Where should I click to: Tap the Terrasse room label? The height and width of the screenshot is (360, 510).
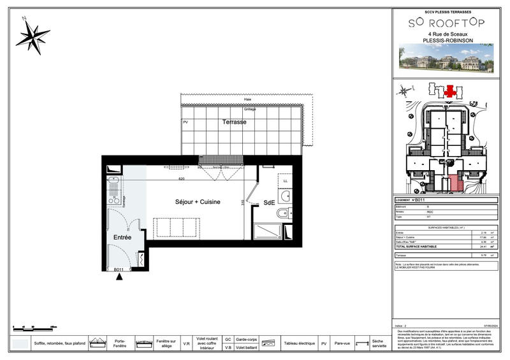(234, 122)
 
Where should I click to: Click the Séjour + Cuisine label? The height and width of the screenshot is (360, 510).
(198, 202)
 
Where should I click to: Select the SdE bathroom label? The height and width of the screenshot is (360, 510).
(269, 204)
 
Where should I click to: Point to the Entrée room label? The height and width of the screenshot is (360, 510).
(122, 237)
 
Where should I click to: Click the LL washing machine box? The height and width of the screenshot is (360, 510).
(284, 181)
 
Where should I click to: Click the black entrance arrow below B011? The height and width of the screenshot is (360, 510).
(119, 275)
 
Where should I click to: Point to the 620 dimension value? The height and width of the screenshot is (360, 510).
(181, 179)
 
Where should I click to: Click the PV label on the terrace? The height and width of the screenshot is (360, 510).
(186, 122)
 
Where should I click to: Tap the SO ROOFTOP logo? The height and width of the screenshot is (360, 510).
(446, 22)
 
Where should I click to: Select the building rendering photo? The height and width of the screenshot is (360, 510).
(446, 56)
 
